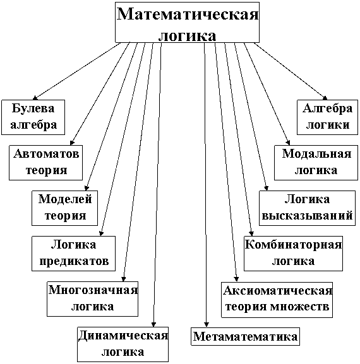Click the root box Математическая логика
[x=187, y=22]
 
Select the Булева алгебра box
[x=33, y=117]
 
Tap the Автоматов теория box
[x=45, y=163]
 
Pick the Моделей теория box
[x=64, y=208]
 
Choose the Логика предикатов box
[x=73, y=254]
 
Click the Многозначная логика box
[x=92, y=299]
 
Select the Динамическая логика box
[x=123, y=344]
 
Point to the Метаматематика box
[x=245, y=336]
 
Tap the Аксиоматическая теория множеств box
[x=277, y=300]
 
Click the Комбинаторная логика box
[x=293, y=254]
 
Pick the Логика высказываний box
[x=307, y=208]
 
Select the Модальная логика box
[x=316, y=163]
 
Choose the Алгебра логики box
[x=327, y=117]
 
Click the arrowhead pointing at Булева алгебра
[x=35, y=98]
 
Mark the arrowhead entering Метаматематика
[x=206, y=324]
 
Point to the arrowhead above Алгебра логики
[x=325, y=98]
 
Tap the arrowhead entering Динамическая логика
[x=153, y=324]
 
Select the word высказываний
[x=307, y=216]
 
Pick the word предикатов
[x=74, y=261]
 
